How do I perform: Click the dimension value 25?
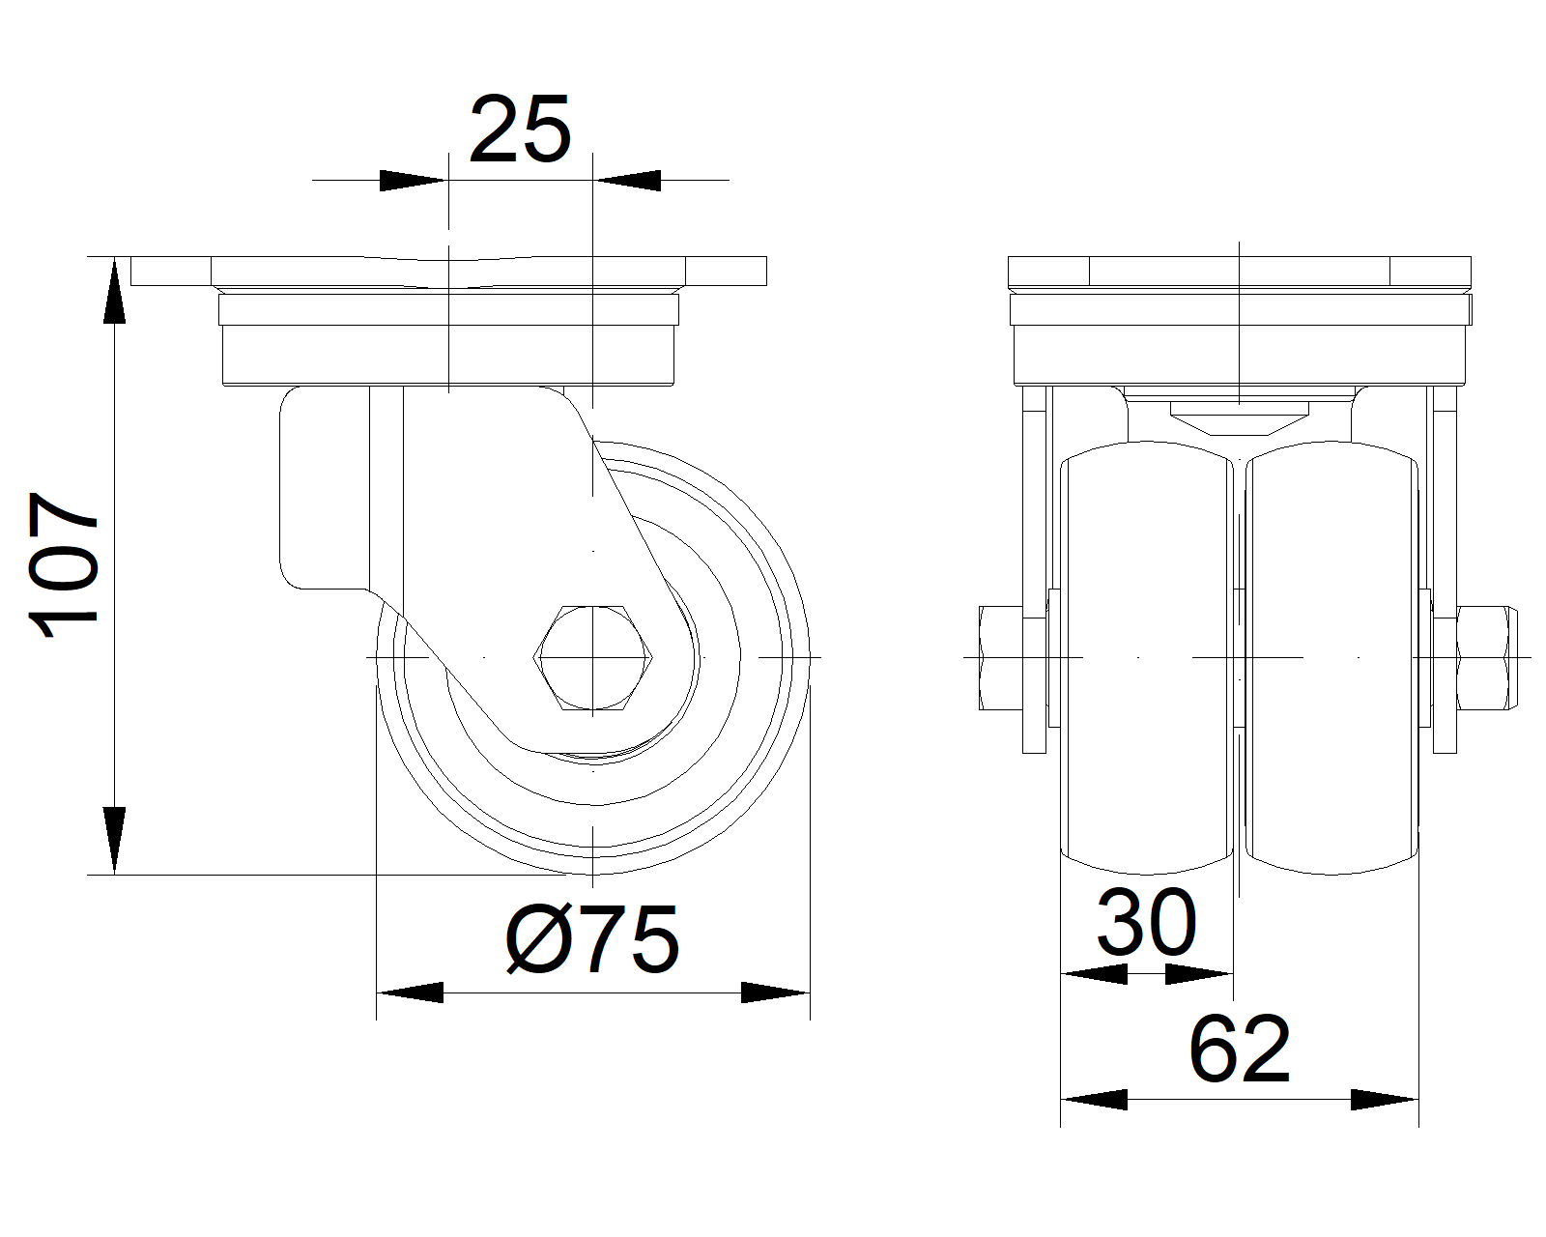[520, 129]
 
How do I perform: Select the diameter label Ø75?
[592, 939]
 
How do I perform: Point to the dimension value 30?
[1147, 924]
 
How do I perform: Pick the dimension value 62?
[1240, 1050]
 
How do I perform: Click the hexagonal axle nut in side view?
[592, 657]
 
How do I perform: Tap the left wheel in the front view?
[1147, 657]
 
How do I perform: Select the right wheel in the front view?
[1333, 657]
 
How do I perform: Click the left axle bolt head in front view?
[1000, 657]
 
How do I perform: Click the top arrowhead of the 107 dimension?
[115, 290]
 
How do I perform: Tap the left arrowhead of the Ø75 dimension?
[410, 992]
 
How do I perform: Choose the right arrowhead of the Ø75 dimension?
[775, 992]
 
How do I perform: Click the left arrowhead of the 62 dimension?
[1094, 1100]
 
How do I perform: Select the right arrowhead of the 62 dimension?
[1386, 1100]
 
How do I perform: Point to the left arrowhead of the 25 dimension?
[414, 180]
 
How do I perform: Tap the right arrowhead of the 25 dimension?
[628, 180]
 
